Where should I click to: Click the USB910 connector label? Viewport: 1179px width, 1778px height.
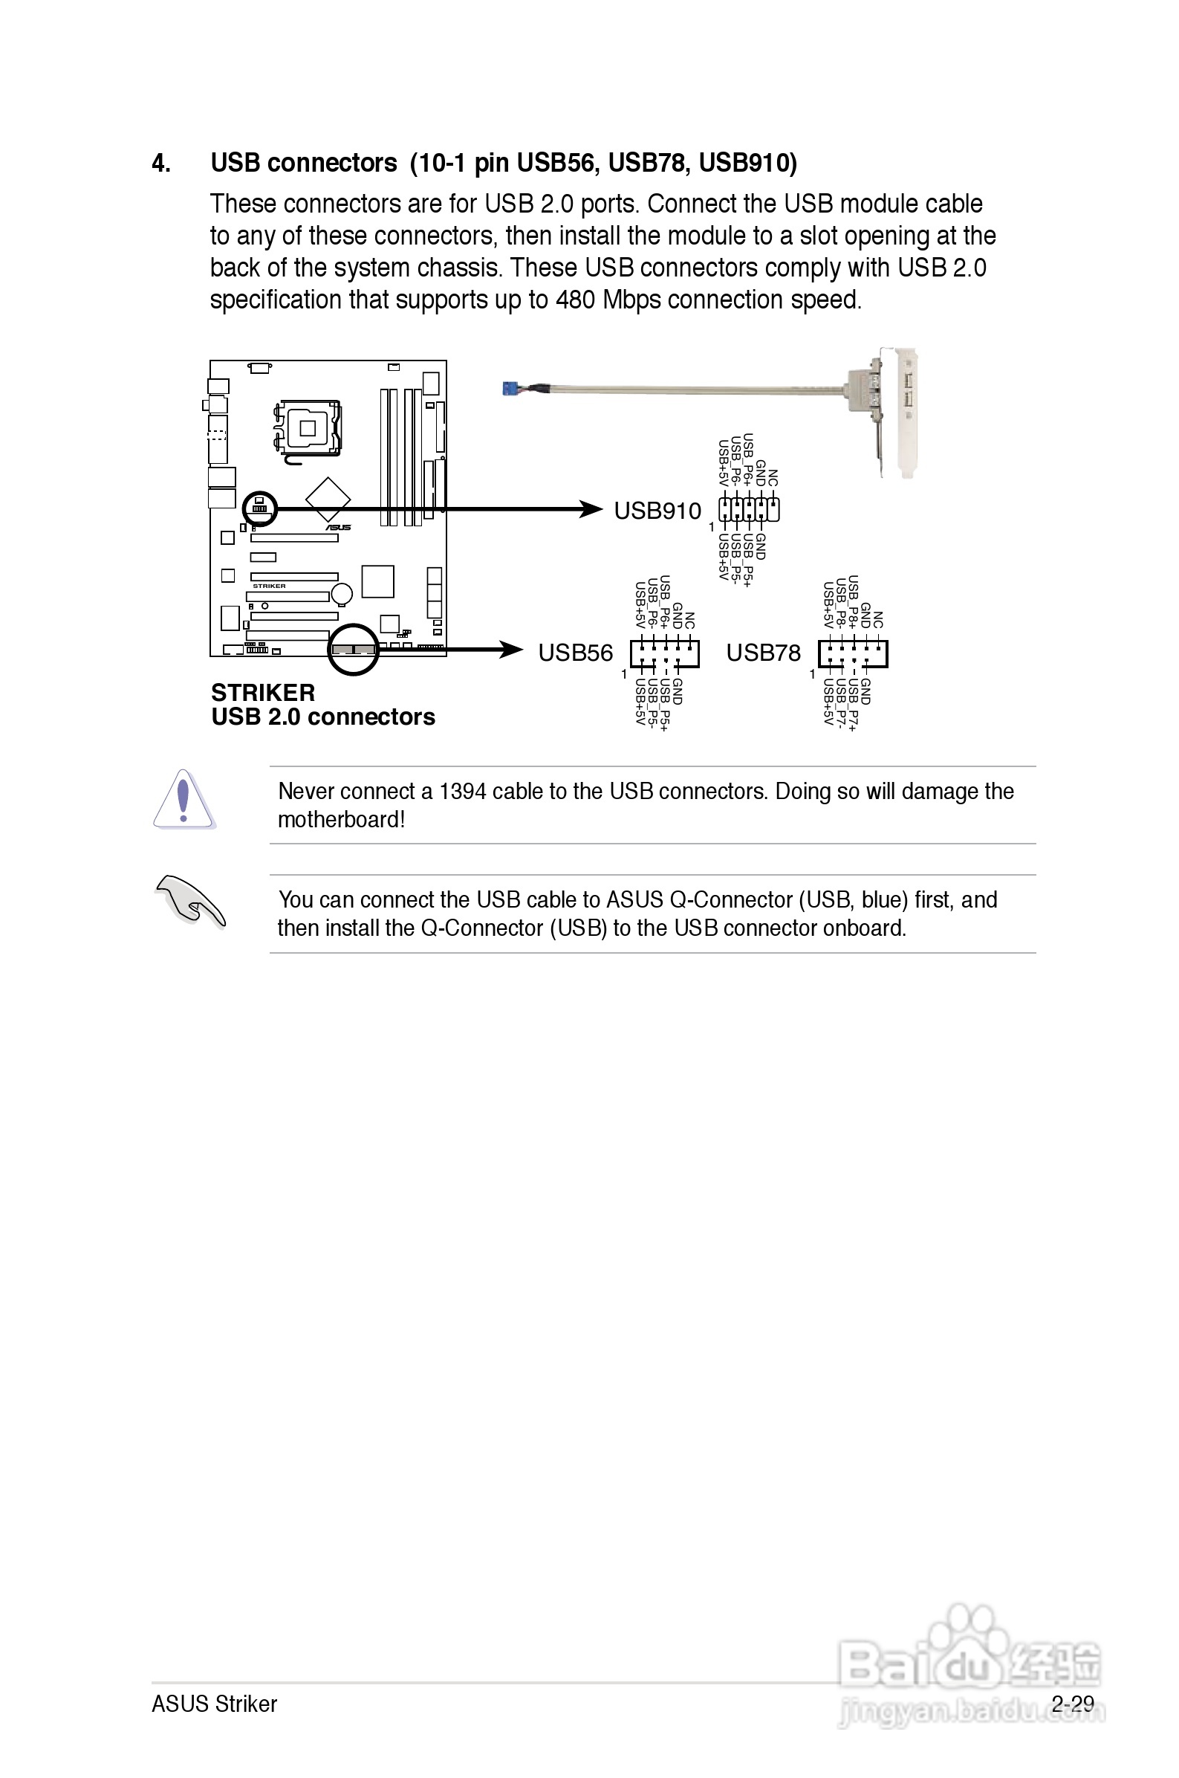[x=657, y=511]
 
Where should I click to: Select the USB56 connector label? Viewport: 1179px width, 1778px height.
[x=575, y=653]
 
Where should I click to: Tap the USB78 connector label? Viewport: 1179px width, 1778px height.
[x=763, y=653]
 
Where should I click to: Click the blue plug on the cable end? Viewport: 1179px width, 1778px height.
[x=511, y=388]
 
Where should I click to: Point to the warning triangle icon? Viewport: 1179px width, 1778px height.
[x=183, y=800]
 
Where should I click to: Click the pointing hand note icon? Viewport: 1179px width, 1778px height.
[x=189, y=901]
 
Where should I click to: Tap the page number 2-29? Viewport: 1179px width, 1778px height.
[x=1072, y=1703]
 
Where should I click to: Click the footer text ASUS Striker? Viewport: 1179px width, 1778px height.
[x=214, y=1703]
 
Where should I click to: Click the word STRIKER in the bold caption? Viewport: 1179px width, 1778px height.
[x=262, y=692]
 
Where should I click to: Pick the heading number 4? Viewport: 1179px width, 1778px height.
[x=161, y=164]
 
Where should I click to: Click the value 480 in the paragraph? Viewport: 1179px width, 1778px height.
[x=575, y=300]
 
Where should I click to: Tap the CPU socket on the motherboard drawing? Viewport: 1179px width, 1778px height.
[x=308, y=428]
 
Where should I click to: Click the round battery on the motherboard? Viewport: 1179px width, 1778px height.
[x=343, y=593]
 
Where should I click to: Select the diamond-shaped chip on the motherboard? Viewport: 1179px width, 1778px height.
[x=328, y=498]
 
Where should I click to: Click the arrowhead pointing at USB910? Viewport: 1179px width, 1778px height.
[x=591, y=509]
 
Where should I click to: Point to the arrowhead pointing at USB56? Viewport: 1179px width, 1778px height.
[x=511, y=650]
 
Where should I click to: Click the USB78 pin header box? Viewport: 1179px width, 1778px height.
[x=853, y=653]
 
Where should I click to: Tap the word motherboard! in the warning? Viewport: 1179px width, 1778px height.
[x=342, y=819]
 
